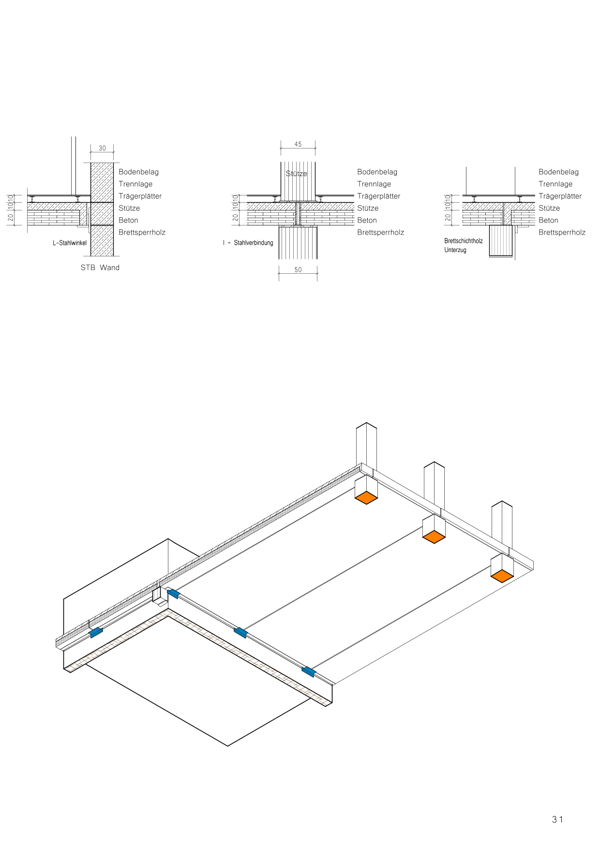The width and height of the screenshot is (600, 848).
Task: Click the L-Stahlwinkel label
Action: (70, 243)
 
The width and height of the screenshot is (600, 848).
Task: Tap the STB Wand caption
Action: (100, 268)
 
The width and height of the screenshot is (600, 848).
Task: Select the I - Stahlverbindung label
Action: (248, 243)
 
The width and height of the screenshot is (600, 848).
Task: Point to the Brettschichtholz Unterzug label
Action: (463, 245)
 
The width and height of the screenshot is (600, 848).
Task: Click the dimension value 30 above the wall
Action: (102, 149)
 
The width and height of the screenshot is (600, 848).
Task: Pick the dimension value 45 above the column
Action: (298, 144)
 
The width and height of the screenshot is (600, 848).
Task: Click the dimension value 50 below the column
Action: (298, 270)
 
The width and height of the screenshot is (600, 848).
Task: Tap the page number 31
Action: (557, 819)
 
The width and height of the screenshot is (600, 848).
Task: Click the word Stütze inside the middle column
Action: (296, 174)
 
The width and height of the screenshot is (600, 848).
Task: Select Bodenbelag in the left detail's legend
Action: (138, 172)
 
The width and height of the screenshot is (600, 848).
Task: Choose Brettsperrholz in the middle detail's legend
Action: (380, 232)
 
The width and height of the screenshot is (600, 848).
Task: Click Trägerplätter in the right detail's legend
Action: (560, 196)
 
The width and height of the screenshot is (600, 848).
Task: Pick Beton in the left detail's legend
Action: (128, 220)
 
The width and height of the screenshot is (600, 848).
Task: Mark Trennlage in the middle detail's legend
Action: (374, 184)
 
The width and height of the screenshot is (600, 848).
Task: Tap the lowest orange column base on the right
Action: (502, 576)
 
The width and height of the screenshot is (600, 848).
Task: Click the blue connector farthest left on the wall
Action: (96, 632)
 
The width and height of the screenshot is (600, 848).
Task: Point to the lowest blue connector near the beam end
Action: (308, 671)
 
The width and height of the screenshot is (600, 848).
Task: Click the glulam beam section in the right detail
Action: (501, 240)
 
